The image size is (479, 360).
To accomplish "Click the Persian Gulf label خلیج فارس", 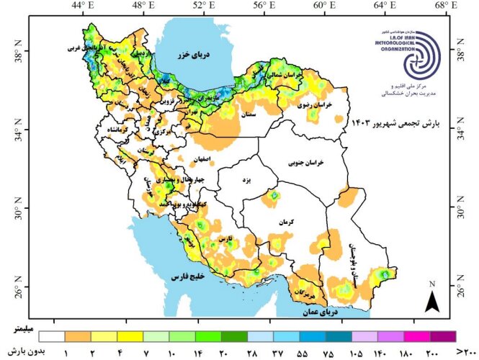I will pyautogui.click(x=189, y=276).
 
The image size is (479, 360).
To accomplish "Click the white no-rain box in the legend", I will pyautogui.click(x=53, y=336).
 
